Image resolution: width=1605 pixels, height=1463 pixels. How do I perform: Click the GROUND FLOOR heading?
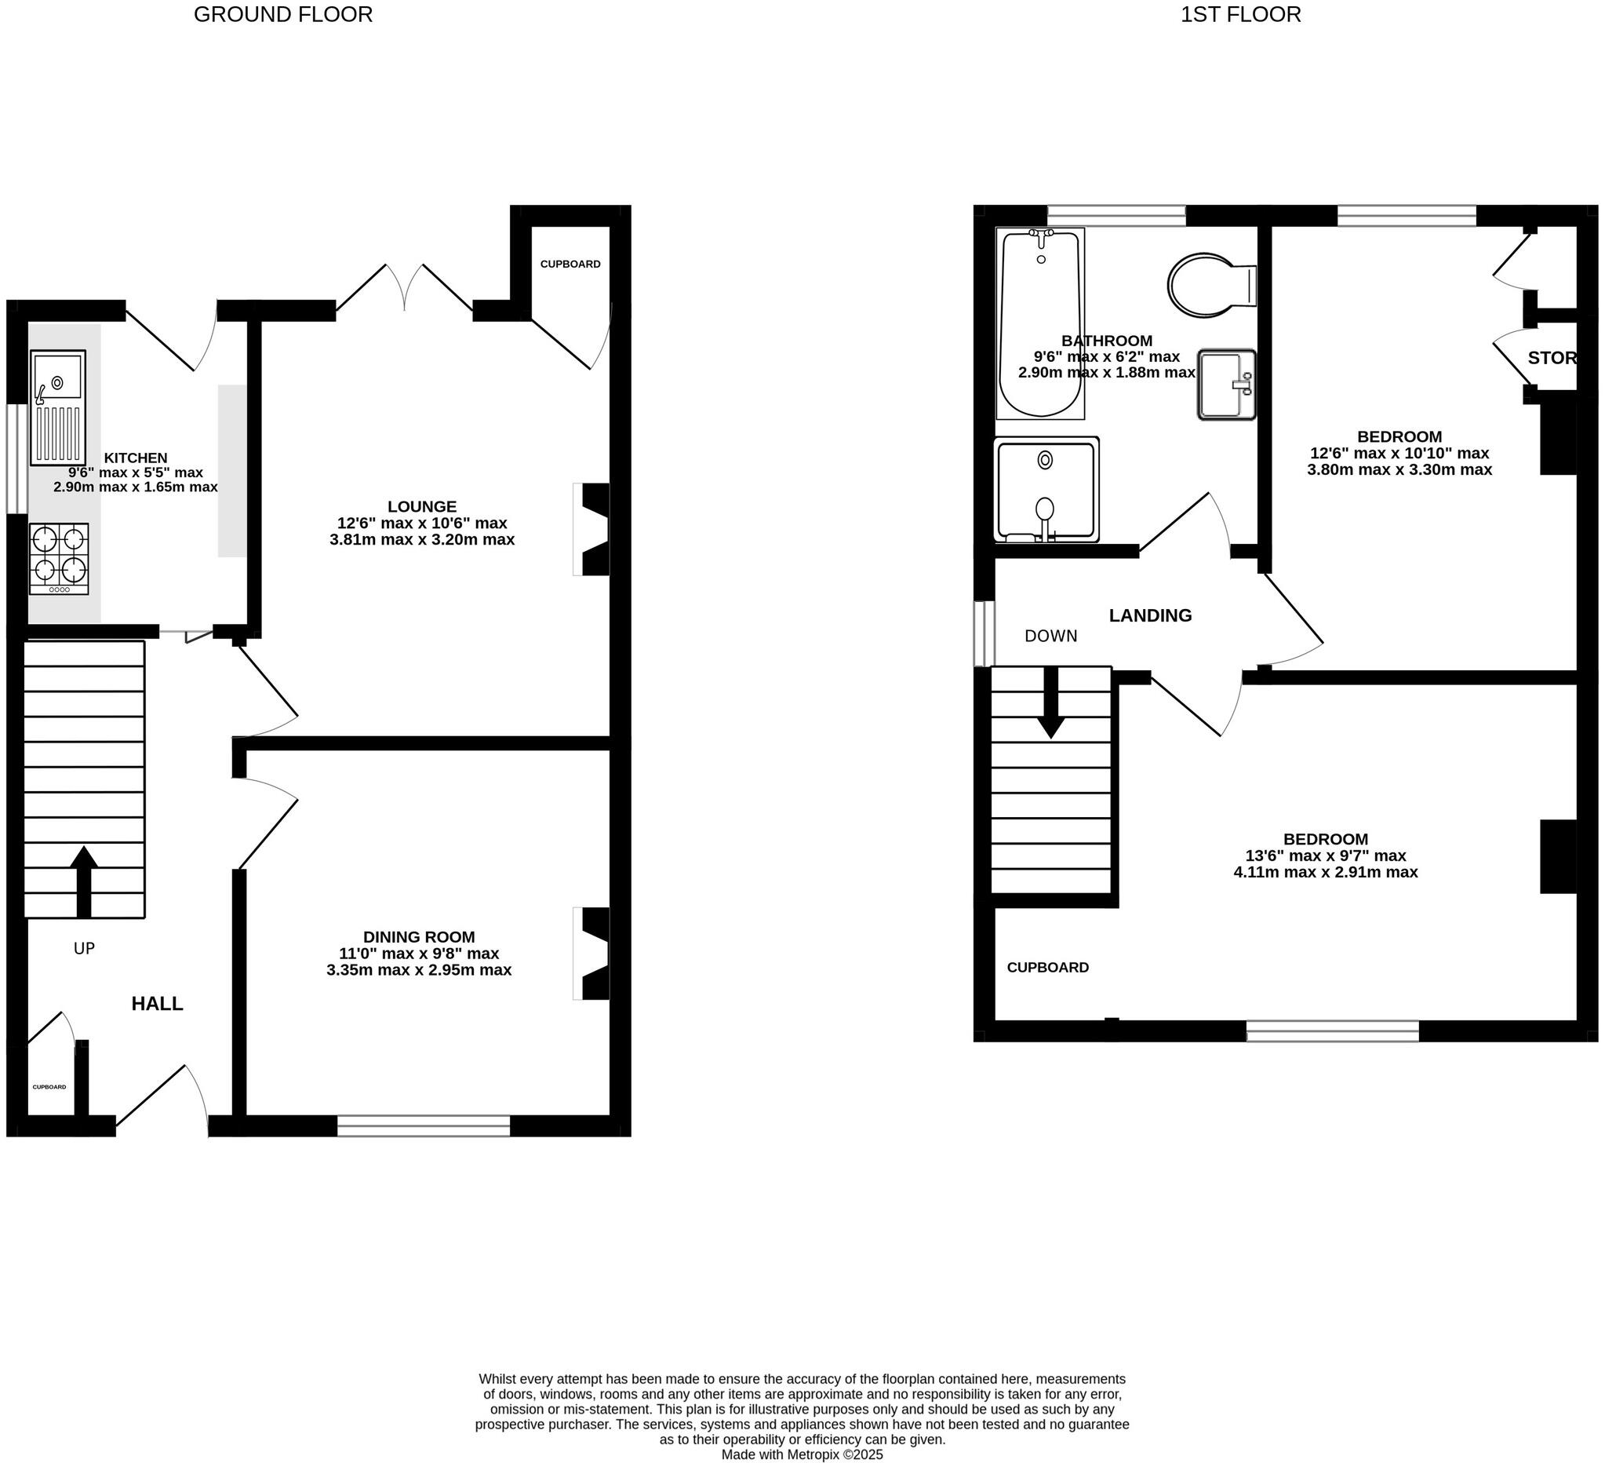283,14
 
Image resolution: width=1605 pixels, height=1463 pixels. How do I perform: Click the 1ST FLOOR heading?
1240,14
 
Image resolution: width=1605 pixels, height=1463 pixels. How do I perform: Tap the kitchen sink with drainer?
58,408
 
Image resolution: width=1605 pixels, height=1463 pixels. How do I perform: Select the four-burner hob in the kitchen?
59,557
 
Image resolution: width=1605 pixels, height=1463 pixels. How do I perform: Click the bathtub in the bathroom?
1039,323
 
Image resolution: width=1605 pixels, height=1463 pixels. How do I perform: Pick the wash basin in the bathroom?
1226,385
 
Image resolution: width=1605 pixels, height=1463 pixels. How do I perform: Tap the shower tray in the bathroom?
1046,489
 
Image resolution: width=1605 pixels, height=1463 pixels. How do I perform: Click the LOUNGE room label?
422,506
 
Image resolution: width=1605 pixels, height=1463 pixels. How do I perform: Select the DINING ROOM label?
419,937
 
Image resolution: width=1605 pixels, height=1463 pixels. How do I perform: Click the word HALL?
157,1004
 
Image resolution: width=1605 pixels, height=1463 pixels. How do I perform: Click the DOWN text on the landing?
1050,636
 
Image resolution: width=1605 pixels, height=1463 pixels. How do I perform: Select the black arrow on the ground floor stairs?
84,881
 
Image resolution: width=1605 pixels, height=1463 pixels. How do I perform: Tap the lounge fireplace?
593,529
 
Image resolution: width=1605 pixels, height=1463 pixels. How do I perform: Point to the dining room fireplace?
593,954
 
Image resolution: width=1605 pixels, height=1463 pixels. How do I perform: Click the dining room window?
424,1126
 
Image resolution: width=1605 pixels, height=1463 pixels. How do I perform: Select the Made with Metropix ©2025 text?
802,1454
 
